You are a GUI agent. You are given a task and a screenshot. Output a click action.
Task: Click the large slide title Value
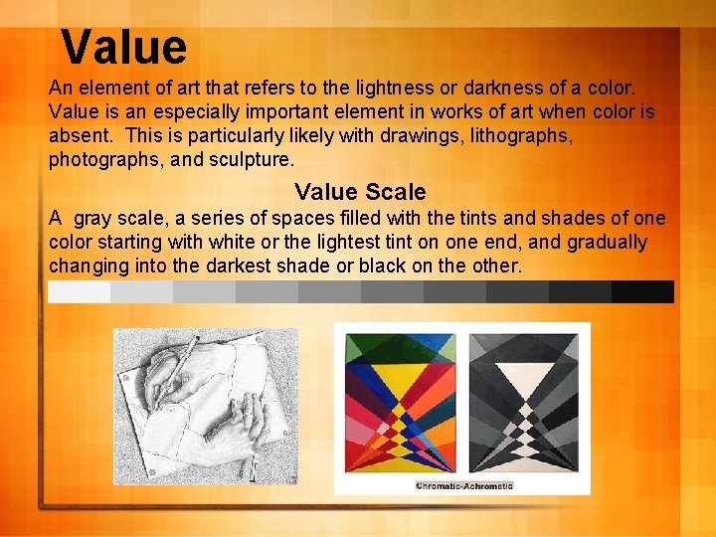click(123, 47)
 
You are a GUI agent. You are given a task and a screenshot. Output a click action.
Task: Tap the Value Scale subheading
click(360, 192)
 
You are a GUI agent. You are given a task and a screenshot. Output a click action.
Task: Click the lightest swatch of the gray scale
click(79, 291)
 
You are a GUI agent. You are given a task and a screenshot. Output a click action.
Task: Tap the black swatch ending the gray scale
click(642, 291)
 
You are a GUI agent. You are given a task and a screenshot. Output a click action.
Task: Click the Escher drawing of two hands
click(207, 406)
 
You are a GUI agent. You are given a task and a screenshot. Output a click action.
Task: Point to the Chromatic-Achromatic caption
click(463, 485)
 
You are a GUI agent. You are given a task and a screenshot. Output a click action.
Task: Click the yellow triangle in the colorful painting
click(400, 370)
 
